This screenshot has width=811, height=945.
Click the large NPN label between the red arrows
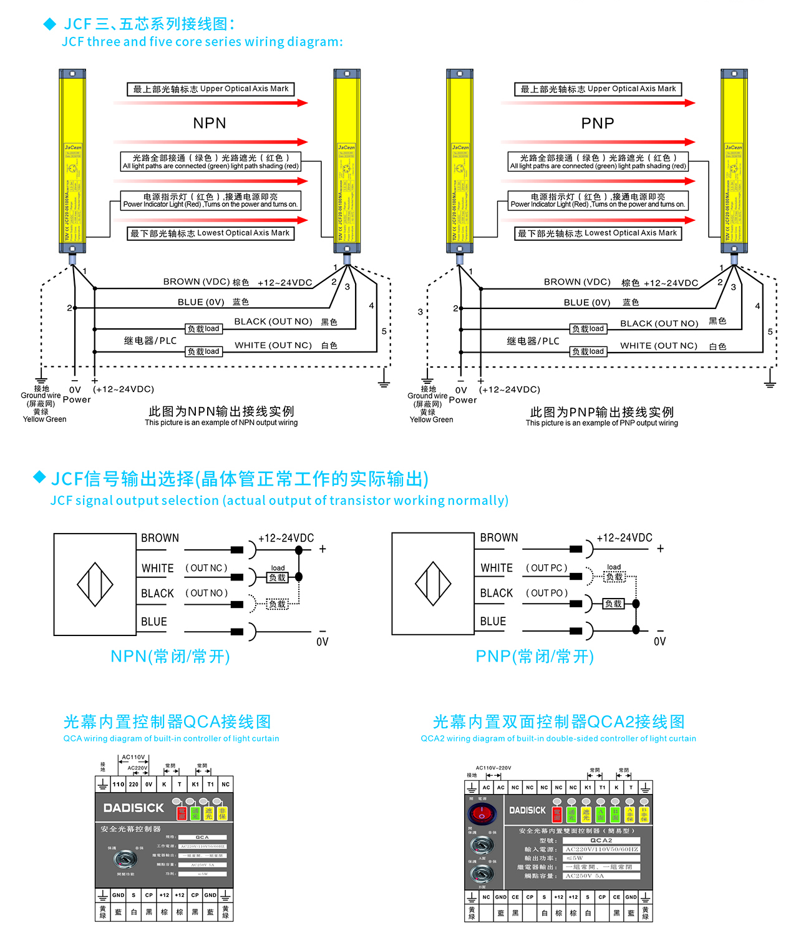210,123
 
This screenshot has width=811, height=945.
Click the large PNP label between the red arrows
598,123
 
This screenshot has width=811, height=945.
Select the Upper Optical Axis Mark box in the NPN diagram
211,89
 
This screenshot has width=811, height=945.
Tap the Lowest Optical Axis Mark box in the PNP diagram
598,233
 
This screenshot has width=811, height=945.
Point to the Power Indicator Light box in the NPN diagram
211,200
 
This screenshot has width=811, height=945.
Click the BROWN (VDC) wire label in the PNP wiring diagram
577,282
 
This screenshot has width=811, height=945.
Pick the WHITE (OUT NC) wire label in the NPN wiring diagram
273,345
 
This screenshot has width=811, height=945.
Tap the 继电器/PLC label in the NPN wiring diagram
150,341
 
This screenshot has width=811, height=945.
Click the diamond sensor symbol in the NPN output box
95,585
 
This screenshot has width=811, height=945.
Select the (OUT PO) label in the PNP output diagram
547,593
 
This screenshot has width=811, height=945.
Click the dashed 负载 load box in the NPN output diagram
278,604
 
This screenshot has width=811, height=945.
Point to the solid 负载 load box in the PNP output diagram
613,604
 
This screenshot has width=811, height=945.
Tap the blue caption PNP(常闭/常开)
535,657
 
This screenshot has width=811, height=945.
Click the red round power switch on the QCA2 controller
481,814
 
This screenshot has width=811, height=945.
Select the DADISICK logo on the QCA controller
134,808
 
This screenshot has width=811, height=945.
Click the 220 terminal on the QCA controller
134,785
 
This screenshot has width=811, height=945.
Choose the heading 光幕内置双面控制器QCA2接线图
559,722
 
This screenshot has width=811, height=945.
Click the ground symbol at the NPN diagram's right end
384,381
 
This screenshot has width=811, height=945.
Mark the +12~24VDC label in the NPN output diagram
286,538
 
